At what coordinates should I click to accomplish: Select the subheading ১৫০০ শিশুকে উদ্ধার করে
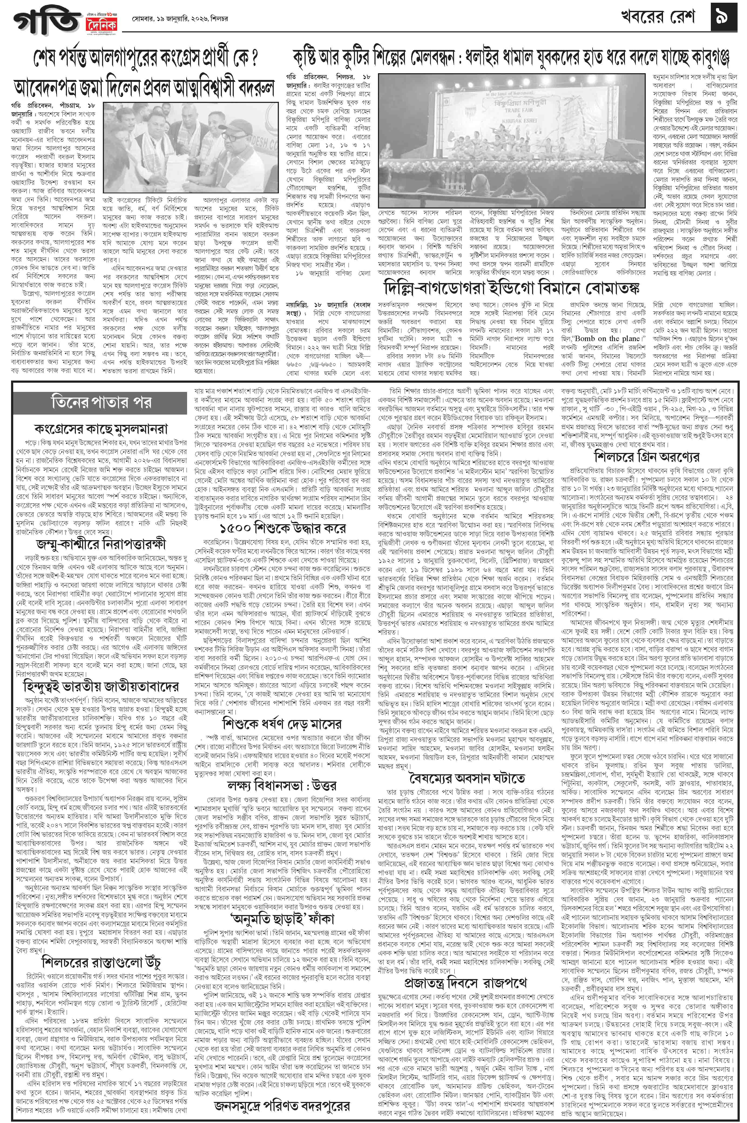click(x=282, y=528)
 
